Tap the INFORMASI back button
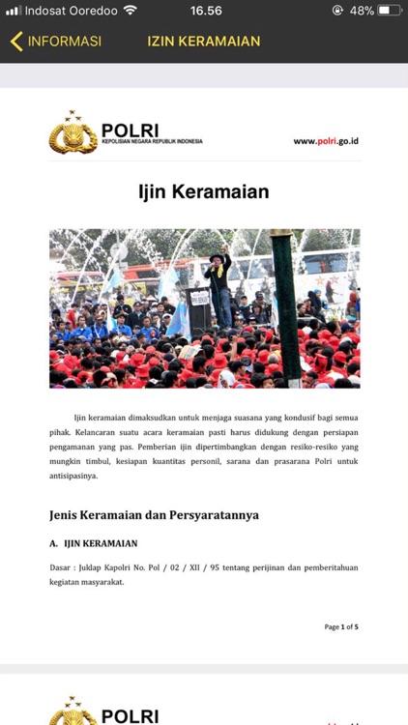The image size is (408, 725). coord(56,42)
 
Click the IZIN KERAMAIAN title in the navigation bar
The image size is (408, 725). coord(204,42)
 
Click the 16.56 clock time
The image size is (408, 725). coord(206,11)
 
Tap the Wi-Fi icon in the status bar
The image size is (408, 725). coord(130,11)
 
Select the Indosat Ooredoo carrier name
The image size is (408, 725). coord(71,11)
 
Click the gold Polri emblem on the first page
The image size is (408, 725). coord(73,134)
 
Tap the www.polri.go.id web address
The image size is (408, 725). coord(326,141)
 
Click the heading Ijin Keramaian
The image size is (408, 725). coord(203,192)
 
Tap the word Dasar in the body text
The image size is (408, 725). coord(63,567)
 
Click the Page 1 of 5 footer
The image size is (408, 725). coord(340,627)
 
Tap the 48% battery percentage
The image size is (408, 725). coord(362,11)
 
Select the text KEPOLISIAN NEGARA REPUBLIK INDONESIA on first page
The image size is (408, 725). coord(152,142)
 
